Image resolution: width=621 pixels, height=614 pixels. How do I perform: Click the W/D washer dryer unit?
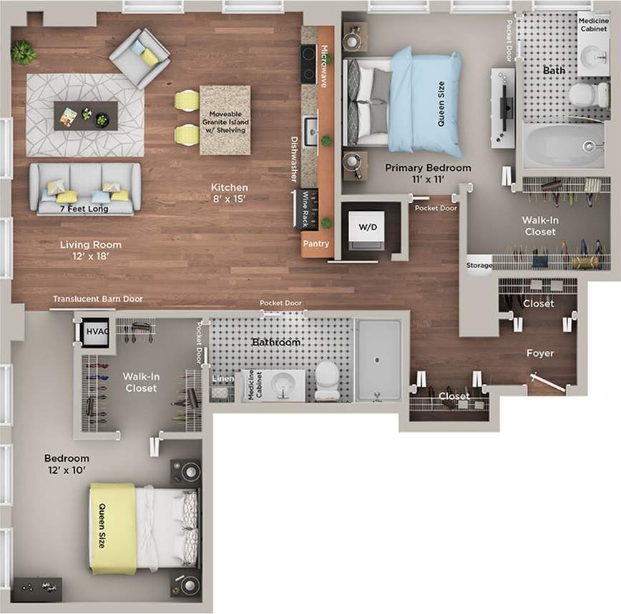367,228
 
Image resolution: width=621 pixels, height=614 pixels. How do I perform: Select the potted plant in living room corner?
24,52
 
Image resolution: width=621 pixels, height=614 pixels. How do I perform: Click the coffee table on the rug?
86,115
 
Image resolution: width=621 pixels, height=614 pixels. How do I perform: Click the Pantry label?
316,244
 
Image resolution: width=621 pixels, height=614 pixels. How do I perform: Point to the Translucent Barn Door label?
98,299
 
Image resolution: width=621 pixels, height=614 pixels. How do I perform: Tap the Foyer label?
540,353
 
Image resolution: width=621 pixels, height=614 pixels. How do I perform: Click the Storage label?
479,265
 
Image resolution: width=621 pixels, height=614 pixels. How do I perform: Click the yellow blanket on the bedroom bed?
112,528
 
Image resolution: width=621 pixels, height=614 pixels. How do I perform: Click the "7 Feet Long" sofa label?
84,209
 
